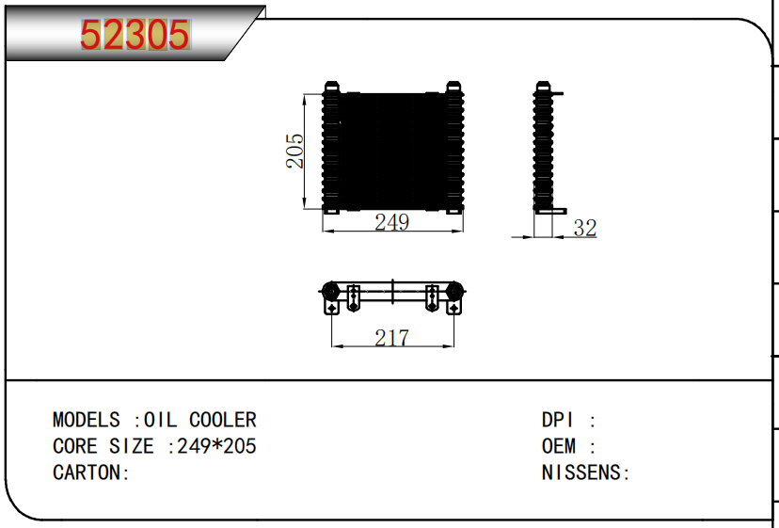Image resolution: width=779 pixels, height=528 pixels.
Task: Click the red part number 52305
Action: coord(135,35)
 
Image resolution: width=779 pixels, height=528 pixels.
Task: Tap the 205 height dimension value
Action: coord(294,151)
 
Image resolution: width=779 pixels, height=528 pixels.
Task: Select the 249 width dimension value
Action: coord(392,222)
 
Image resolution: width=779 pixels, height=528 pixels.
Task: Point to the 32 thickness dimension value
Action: coord(585,228)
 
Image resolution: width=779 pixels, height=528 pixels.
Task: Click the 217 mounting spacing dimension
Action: coord(392,338)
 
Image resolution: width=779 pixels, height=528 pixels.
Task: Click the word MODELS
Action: coord(86,420)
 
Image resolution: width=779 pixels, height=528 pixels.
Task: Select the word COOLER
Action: coord(223,420)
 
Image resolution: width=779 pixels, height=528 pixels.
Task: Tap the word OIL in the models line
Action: coord(160,420)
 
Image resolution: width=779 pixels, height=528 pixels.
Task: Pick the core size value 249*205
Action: coord(216,446)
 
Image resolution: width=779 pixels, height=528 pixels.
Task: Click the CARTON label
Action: coord(91,472)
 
